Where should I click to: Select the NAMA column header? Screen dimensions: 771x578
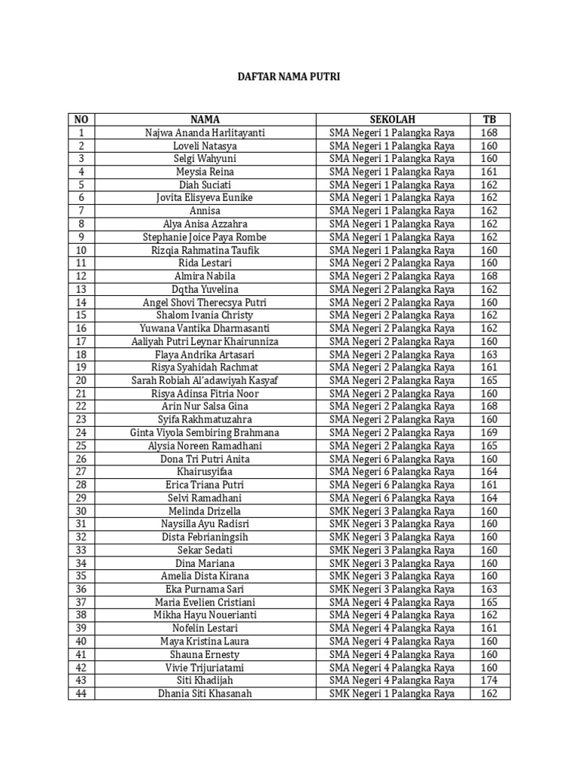coord(205,120)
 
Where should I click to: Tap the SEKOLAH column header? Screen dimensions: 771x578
coord(392,120)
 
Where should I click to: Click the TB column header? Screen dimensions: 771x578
coord(489,120)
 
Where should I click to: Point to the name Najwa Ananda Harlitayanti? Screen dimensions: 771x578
coord(205,133)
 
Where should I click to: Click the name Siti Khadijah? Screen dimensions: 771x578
coord(205,681)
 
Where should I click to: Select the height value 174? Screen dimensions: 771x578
coord(489,681)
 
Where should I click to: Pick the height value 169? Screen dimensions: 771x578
coord(489,433)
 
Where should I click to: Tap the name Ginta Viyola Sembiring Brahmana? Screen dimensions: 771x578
coord(205,433)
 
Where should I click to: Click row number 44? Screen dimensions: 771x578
coord(81,693)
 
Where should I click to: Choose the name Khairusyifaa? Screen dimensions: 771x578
coord(205,472)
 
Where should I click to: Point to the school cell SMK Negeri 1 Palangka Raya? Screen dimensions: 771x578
coord(392,693)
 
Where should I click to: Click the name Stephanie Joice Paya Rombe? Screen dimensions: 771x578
coord(205,237)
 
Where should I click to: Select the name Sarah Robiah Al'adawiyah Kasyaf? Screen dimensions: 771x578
coord(205,381)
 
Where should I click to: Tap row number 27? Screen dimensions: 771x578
coord(81,472)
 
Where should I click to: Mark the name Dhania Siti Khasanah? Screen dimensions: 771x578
coord(205,693)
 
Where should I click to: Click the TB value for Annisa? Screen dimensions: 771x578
coord(489,211)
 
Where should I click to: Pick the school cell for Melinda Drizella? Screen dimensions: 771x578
coord(392,511)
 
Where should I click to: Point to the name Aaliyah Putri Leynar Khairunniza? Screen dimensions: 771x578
coord(205,342)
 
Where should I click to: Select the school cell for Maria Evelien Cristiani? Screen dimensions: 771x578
coord(392,602)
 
